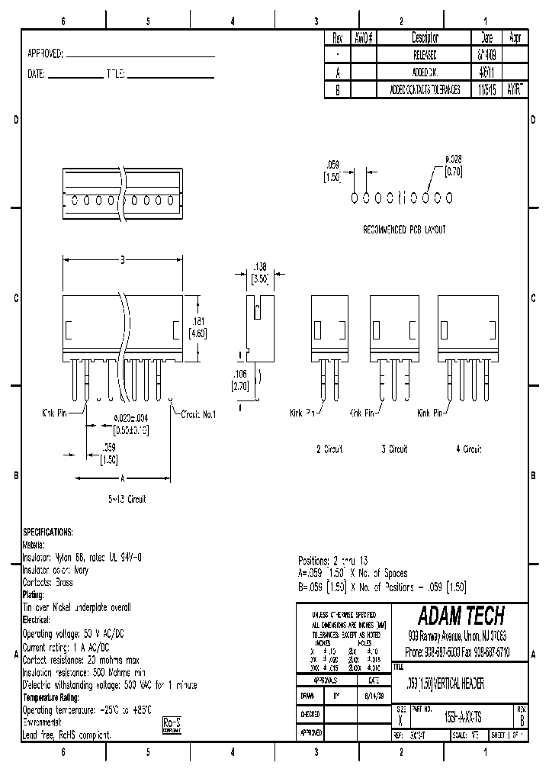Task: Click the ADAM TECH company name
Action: click(x=461, y=616)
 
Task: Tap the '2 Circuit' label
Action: click(x=330, y=449)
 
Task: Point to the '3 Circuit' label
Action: click(x=394, y=449)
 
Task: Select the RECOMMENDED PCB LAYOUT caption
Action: click(x=404, y=229)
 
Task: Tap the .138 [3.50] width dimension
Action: click(x=260, y=274)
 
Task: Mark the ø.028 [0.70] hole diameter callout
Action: click(x=454, y=166)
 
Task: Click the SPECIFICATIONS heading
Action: click(x=48, y=532)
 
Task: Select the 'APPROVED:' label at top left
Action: click(x=45, y=54)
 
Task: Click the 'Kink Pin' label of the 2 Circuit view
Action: click(x=303, y=413)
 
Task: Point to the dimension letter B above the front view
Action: click(x=122, y=260)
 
